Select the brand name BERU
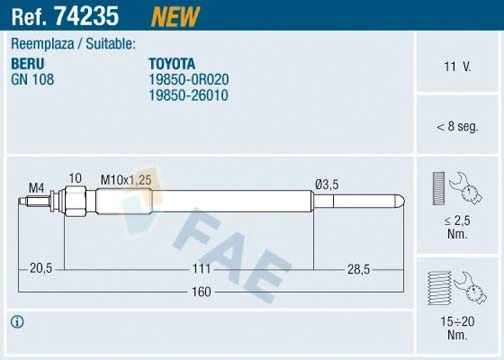click(x=29, y=61)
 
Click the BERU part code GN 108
click(x=31, y=76)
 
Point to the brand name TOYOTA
click(x=172, y=61)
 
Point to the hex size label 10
click(x=73, y=179)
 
